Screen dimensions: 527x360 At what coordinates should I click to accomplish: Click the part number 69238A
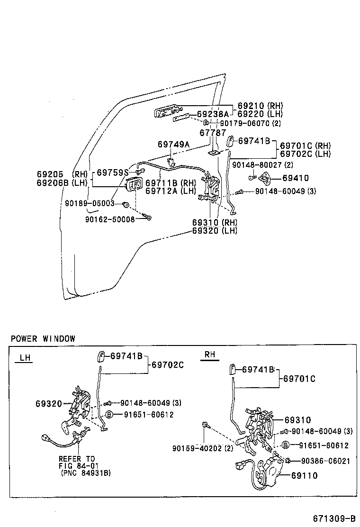coord(213,114)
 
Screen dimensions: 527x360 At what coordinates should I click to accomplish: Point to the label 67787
coord(213,133)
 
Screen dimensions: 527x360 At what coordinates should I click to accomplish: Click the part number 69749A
coord(173,144)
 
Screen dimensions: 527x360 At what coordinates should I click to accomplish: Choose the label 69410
coord(295,178)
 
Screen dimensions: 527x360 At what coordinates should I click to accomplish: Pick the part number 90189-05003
coord(90,203)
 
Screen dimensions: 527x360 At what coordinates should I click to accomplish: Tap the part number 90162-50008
coord(110,219)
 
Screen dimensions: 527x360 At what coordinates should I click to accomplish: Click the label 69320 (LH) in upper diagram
coord(215,231)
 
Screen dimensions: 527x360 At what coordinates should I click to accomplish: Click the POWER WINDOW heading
coord(43,338)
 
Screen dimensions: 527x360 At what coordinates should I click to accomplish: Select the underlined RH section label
coord(209,354)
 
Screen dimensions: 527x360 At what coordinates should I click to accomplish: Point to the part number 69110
coord(304,475)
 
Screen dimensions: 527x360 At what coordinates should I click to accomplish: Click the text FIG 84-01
coord(77,466)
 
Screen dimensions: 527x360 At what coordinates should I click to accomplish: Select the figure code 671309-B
coord(333,518)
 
